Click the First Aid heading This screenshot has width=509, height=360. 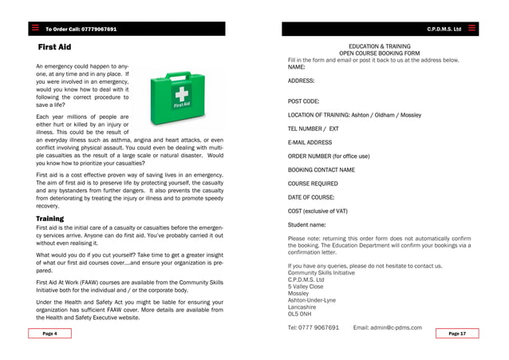pos(54,48)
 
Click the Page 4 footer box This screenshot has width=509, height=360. pos(49,333)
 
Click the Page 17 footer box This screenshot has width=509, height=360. pos(457,333)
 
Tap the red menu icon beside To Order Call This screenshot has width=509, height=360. pos(35,29)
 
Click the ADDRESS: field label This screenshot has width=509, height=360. pos(301,81)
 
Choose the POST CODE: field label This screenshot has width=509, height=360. pos(303,101)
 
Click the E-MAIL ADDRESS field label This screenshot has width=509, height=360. pos(310,142)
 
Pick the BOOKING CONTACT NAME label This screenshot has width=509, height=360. pos(322,170)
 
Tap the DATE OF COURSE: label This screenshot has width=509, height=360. pos(311,196)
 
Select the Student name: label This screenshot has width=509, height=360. pos(307,224)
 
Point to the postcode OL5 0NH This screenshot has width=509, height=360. pos(300,314)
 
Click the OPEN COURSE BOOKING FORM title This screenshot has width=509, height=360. pos(380,53)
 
